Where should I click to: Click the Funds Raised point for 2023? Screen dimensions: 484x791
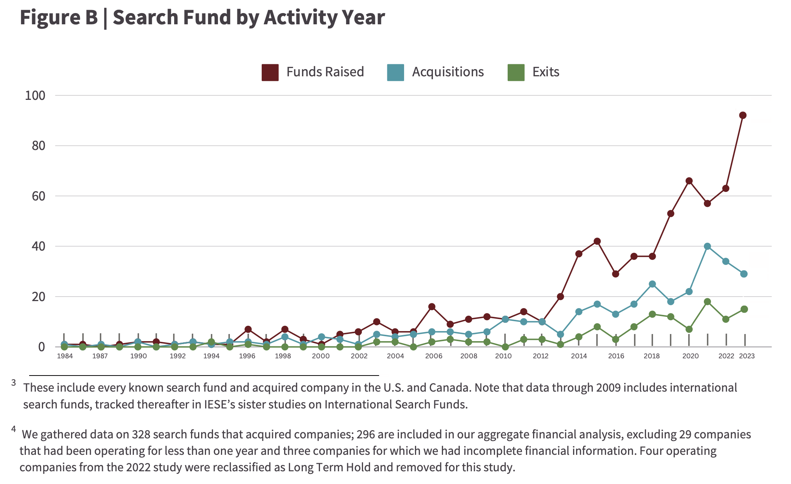pyautogui.click(x=743, y=115)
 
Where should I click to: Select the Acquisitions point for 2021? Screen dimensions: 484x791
pyautogui.click(x=707, y=246)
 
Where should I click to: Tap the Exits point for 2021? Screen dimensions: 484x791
pyautogui.click(x=707, y=301)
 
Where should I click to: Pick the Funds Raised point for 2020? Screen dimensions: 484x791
pyautogui.click(x=689, y=181)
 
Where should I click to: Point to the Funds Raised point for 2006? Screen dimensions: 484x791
pyautogui.click(x=432, y=307)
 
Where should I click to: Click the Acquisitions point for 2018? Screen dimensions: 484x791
pyautogui.click(x=652, y=284)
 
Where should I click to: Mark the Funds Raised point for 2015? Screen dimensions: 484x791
pyautogui.click(x=597, y=241)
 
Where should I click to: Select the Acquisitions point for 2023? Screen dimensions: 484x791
pyautogui.click(x=744, y=274)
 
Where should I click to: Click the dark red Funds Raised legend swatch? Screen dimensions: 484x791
pyautogui.click(x=270, y=72)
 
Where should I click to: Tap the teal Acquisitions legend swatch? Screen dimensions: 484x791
pyautogui.click(x=395, y=72)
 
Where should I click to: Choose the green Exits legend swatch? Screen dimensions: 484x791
pyautogui.click(x=516, y=72)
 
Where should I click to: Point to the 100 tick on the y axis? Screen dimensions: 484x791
pyautogui.click(x=35, y=95)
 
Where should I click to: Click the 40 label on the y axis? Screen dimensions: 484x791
pyautogui.click(x=39, y=246)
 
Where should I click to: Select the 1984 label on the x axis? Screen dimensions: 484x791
pyautogui.click(x=65, y=356)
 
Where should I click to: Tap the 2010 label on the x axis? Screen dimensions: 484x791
pyautogui.click(x=503, y=356)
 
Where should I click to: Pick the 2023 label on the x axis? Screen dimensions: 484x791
pyautogui.click(x=747, y=356)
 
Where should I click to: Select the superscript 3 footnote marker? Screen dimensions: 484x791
pyautogui.click(x=14, y=383)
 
